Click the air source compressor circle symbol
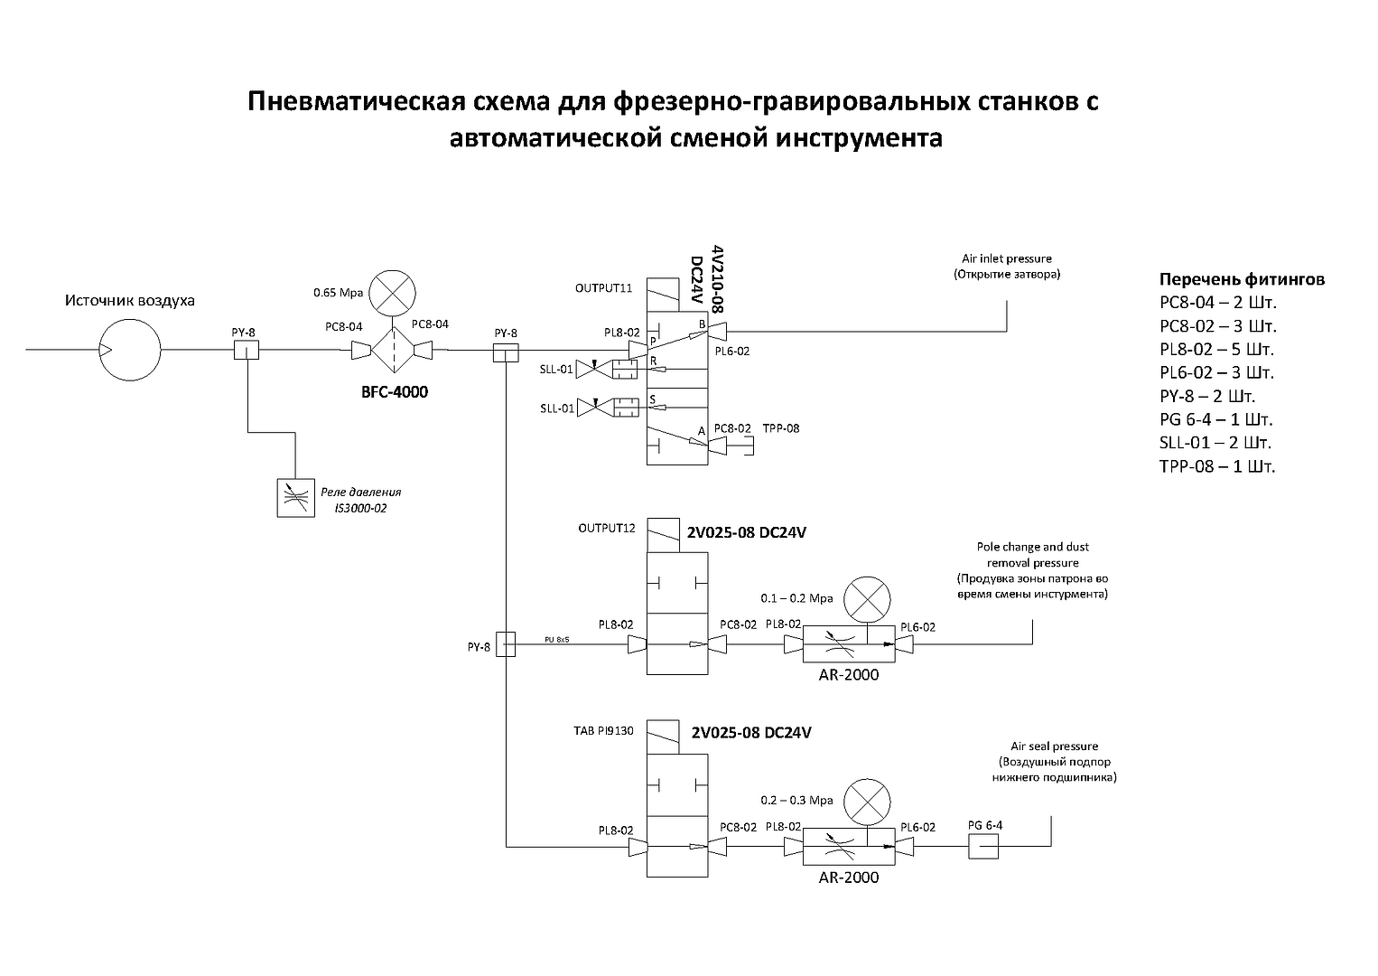[130, 349]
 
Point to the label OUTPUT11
[603, 288]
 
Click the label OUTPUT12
[607, 528]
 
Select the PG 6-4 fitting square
[982, 847]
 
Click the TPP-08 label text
[781, 428]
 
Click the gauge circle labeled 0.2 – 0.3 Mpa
[867, 801]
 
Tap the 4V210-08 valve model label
[718, 278]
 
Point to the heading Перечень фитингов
[1242, 279]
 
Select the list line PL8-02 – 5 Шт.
[1216, 350]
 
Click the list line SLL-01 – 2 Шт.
[1215, 444]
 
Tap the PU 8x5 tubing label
[557, 640]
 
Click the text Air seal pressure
[1054, 746]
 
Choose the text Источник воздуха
[129, 300]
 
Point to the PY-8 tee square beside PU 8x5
[506, 644]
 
